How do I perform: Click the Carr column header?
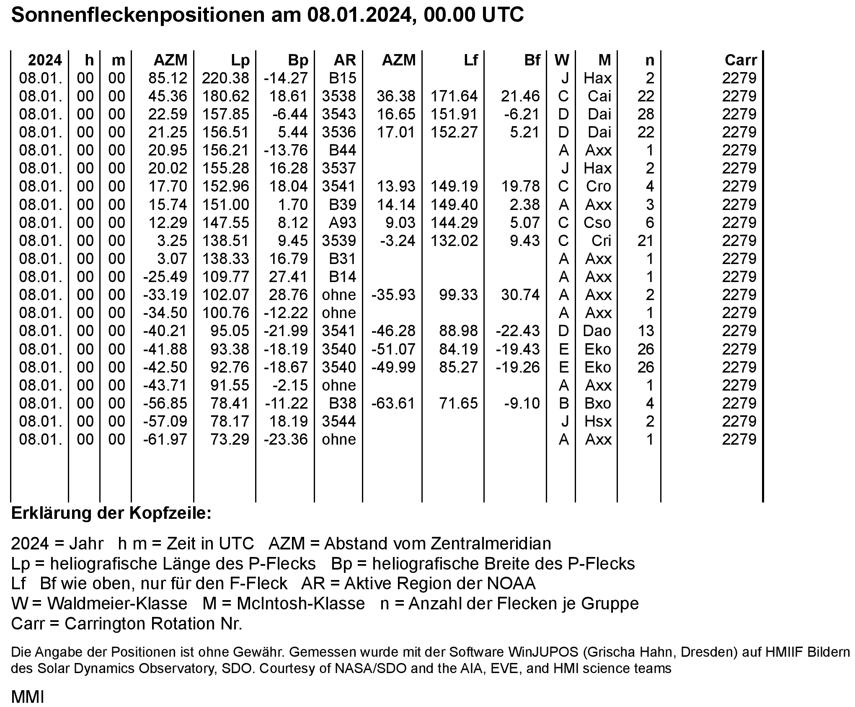(x=741, y=60)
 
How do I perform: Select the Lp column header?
(x=240, y=60)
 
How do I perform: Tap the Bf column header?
(x=532, y=60)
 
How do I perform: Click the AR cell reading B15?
(x=342, y=78)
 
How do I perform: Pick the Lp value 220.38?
(x=226, y=78)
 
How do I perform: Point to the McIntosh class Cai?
(x=599, y=96)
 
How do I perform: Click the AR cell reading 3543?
(x=339, y=114)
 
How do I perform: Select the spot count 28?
(x=646, y=114)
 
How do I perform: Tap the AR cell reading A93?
(x=342, y=223)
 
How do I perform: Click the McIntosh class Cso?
(x=597, y=223)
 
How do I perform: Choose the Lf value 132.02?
(x=454, y=241)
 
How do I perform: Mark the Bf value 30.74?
(x=520, y=295)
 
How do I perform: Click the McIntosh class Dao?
(x=597, y=331)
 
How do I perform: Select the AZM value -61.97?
(x=165, y=440)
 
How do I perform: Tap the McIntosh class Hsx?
(x=598, y=422)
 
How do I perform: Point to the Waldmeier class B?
(x=564, y=404)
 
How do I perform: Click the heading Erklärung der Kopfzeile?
(x=111, y=513)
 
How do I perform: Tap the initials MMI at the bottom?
(x=28, y=697)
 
